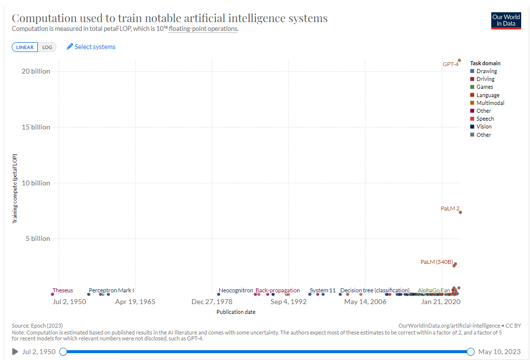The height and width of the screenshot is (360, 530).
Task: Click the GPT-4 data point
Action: [x=459, y=60]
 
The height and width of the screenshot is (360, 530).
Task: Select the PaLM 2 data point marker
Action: [x=460, y=212]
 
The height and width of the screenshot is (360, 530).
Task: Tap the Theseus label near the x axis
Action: [x=62, y=290]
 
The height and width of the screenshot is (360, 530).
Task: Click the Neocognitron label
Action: [x=236, y=290]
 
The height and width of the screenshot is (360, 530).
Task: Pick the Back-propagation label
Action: [x=278, y=290]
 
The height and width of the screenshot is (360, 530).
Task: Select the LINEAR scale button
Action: [x=25, y=47]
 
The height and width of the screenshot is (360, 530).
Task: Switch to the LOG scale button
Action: [x=47, y=47]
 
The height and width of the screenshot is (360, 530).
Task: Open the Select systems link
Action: [x=91, y=47]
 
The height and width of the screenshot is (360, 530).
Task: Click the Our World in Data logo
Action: [x=506, y=20]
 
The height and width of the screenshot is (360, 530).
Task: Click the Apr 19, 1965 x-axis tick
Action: [x=135, y=302]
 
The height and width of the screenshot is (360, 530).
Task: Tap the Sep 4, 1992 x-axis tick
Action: [x=288, y=302]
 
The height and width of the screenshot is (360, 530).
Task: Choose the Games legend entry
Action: [x=484, y=87]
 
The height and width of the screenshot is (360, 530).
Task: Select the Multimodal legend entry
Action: [x=490, y=103]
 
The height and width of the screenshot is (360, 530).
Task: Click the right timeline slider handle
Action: [x=471, y=352]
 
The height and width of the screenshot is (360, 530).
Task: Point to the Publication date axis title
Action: [x=236, y=312]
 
